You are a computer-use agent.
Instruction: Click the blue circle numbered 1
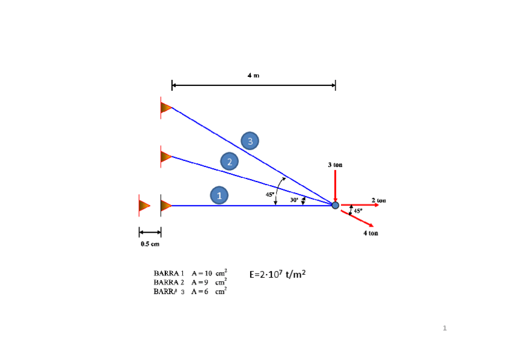pos(220,195)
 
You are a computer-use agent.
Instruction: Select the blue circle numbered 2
pos(229,161)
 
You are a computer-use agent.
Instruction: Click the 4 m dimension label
pos(253,75)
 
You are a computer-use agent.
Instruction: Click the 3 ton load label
pos(336,164)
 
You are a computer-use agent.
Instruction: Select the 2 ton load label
pos(379,200)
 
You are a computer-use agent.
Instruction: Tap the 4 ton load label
pos(370,233)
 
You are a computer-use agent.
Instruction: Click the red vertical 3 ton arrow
pos(335,185)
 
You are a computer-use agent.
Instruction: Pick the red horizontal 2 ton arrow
pos(360,205)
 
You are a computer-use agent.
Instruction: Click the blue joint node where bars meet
pos(335,206)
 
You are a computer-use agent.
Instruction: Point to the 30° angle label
pos(295,200)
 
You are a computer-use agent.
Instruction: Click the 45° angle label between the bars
pos(270,194)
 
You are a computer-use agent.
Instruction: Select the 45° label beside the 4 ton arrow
pos(358,211)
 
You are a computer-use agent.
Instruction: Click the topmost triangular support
pos(165,108)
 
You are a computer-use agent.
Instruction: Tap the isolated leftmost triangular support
pos(144,206)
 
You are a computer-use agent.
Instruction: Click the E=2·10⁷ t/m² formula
pos(277,274)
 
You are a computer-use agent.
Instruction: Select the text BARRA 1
pos(168,273)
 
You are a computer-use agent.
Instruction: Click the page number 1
pos(444,328)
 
